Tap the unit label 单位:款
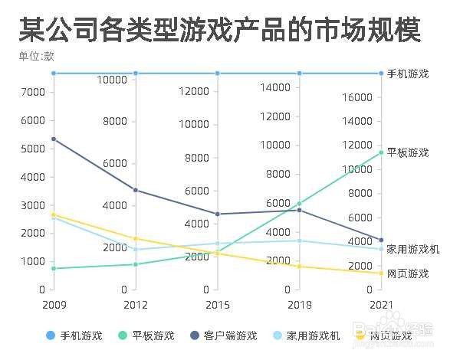[37, 56]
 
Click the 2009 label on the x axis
[54, 305]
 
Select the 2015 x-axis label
[218, 305]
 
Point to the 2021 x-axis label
[381, 305]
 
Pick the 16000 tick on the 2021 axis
[358, 97]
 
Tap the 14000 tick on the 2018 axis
[275, 87]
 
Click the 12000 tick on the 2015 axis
[193, 91]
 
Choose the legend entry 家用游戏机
[308, 335]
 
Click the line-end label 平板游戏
[407, 152]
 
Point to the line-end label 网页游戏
[407, 273]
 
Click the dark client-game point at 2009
[54, 139]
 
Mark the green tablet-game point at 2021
[381, 152]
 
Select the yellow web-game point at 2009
[54, 214]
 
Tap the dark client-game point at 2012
[136, 190]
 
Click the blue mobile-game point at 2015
[218, 74]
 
